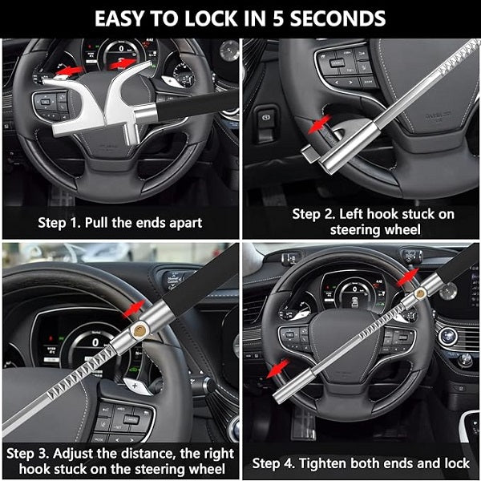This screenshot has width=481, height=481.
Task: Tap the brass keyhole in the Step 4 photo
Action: coord(419,293)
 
